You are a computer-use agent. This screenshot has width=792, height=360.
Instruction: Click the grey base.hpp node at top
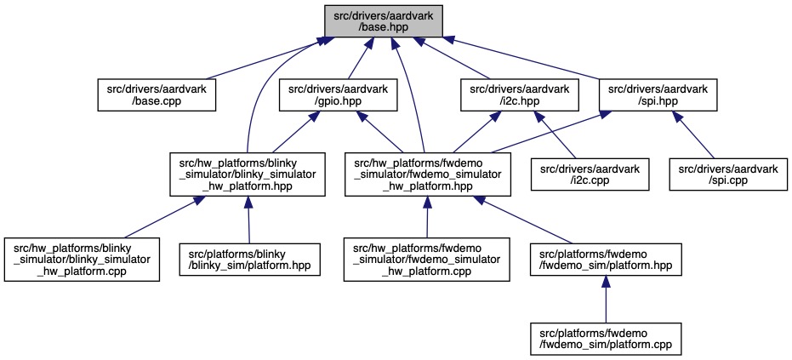pos(384,20)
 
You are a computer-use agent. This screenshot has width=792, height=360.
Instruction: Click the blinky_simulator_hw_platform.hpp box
pos(248,174)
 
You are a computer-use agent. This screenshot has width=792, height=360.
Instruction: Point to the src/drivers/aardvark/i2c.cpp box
pos(590,174)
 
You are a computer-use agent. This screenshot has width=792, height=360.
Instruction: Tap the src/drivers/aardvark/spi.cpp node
pos(728,174)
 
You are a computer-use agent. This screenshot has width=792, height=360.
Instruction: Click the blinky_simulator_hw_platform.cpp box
pos(82,254)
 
